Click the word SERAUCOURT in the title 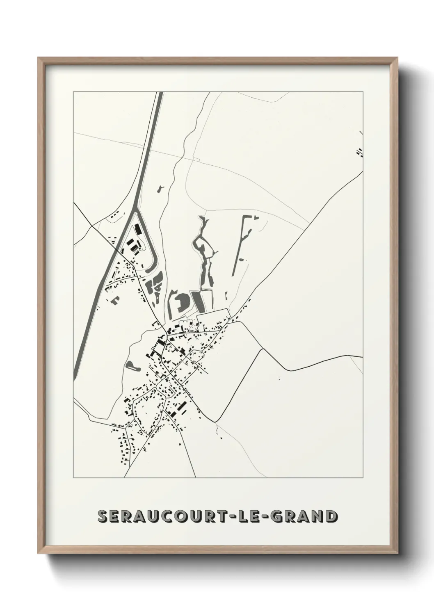169,516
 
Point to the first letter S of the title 103,516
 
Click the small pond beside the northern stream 160,189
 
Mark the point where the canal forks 136,212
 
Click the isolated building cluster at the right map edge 359,153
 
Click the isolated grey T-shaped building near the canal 114,300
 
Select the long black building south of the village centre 181,408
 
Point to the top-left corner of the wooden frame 39,58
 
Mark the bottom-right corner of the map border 363,478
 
